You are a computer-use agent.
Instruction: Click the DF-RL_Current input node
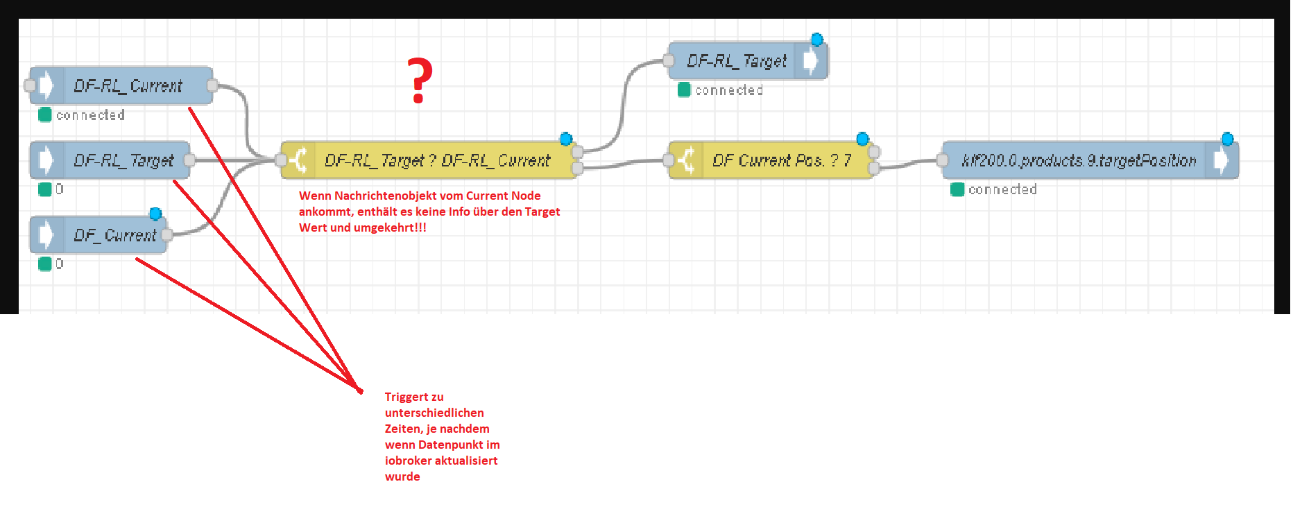tap(121, 86)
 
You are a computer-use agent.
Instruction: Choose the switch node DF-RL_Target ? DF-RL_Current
tap(429, 160)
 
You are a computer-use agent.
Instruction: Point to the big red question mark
tap(419, 80)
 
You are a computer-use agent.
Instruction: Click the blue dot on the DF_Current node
tap(155, 214)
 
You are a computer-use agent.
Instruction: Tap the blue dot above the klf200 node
tap(1227, 139)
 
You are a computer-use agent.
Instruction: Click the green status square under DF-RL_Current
tap(45, 114)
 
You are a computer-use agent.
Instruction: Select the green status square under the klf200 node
tap(957, 189)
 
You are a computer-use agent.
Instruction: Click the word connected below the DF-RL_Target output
tap(729, 90)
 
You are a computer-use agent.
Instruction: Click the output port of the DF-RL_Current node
tap(212, 85)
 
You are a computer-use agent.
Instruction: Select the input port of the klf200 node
tap(942, 160)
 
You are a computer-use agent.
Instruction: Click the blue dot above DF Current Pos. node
tap(862, 139)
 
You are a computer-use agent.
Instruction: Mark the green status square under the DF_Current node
tap(45, 264)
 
